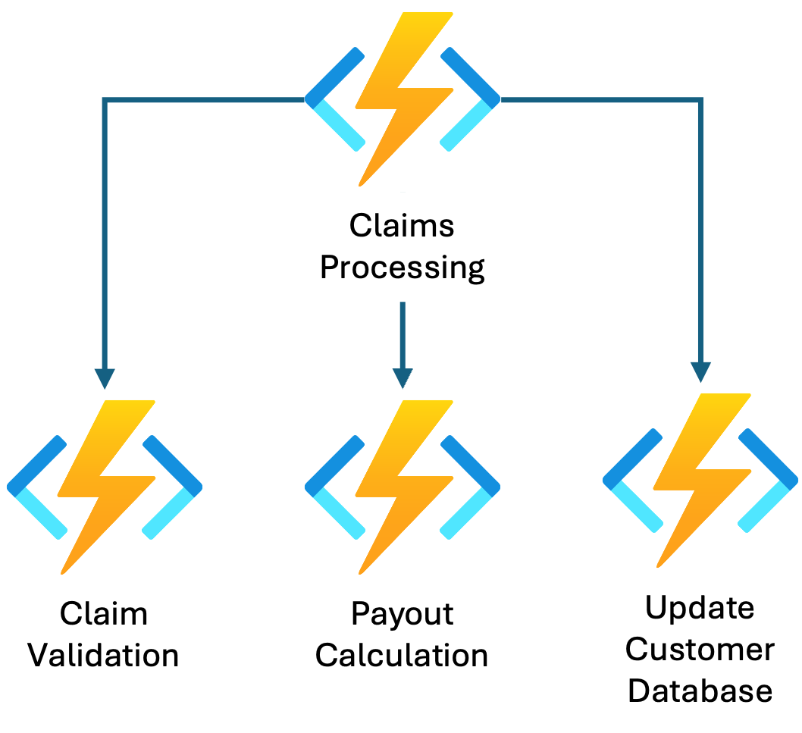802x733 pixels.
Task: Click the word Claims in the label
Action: pyautogui.click(x=402, y=226)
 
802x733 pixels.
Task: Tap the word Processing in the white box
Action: pyautogui.click(x=402, y=268)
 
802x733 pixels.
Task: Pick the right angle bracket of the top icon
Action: pyautogui.click(x=472, y=99)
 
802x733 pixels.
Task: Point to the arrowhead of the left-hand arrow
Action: pyautogui.click(x=105, y=377)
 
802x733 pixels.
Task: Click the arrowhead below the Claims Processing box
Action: pyautogui.click(x=403, y=377)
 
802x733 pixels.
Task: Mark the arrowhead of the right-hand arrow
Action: pyautogui.click(x=700, y=371)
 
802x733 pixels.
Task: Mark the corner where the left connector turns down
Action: pyautogui.click(x=105, y=99)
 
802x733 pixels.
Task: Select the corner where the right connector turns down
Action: pyautogui.click(x=700, y=99)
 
